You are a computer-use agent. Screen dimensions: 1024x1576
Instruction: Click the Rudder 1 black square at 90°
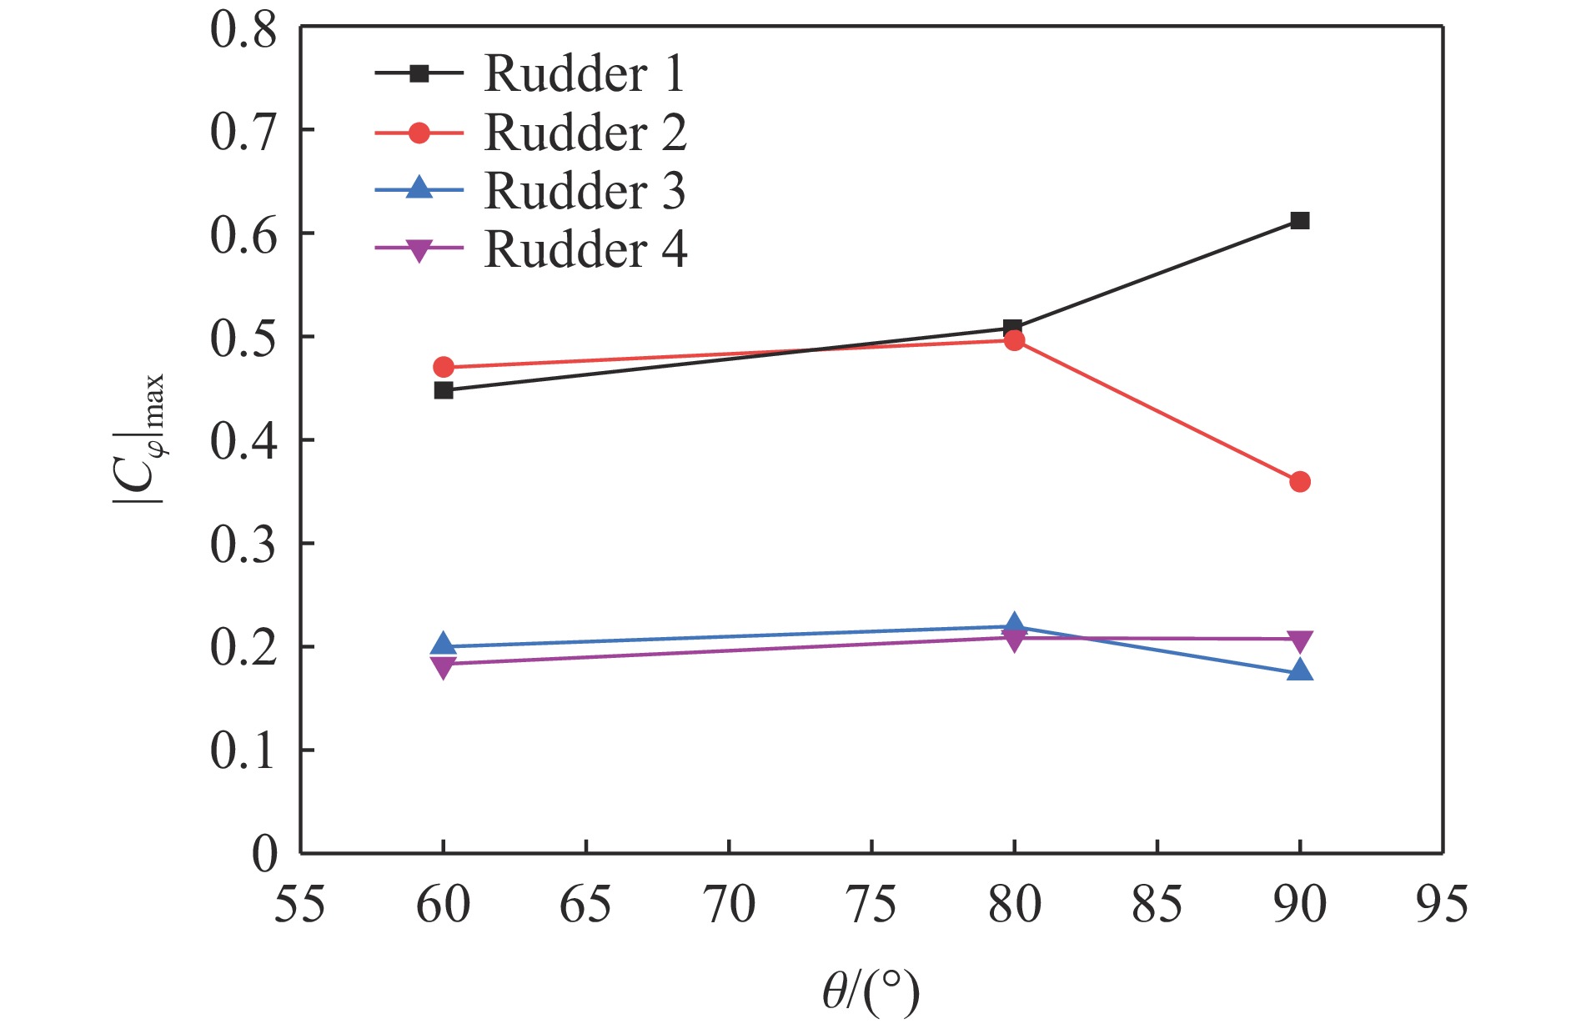coord(1299,221)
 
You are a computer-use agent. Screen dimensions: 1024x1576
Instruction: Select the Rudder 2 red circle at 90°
coord(1299,482)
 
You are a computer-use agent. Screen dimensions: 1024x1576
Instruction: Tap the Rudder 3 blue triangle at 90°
coord(1299,671)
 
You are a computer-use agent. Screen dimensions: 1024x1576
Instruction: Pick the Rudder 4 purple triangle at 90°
coord(1299,640)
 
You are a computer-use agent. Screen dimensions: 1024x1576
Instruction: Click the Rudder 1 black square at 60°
coord(444,390)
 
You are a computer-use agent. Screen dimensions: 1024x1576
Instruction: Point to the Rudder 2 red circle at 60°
coord(444,367)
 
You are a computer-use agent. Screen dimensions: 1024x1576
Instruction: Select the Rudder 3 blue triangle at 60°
coord(444,645)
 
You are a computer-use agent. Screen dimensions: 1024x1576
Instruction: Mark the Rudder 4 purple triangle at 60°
coord(444,665)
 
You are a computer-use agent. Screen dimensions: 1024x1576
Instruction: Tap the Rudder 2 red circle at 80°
coord(1014,340)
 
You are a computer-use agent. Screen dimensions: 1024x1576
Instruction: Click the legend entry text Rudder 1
coord(584,74)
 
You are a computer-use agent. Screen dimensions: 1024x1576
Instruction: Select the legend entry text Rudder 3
coord(585,191)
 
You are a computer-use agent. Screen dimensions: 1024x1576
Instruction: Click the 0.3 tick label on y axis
coord(243,545)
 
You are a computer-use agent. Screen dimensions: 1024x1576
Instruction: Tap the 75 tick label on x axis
coord(871,905)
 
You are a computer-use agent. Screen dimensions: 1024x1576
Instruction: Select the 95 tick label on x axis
coord(1442,905)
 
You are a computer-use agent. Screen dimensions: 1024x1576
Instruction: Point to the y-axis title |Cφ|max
coord(140,440)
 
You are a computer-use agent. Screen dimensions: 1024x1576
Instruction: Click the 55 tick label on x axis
coord(300,905)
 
